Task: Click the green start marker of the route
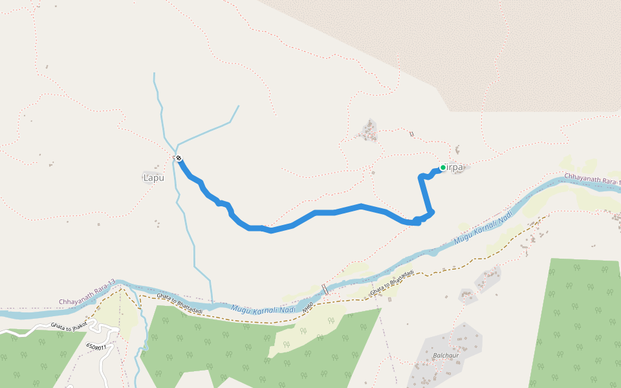coord(443,167)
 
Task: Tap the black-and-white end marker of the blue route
coord(178,158)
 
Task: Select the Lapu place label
coord(153,177)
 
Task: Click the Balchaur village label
coord(446,356)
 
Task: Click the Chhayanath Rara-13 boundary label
coord(87,292)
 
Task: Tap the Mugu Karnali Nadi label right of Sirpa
coord(484,227)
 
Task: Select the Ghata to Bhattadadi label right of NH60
coord(392,285)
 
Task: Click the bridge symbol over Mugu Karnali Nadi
coord(325,289)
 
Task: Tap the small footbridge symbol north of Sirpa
coord(411,134)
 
